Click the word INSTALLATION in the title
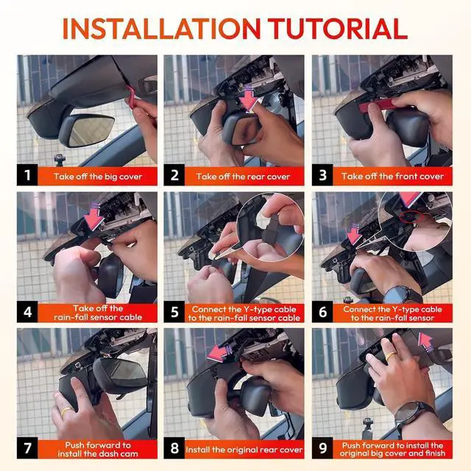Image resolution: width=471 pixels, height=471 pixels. coord(162,29)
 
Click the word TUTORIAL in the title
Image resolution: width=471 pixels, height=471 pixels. coord(337,29)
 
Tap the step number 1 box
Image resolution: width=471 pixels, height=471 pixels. coord(27,175)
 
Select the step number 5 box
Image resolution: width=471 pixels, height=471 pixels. coord(174,312)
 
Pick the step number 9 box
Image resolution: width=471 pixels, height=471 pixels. coord(322,448)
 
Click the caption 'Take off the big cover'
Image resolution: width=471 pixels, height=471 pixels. coord(98,177)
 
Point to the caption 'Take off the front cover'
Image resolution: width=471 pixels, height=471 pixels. coord(392,176)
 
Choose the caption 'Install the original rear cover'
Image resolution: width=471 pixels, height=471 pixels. coord(244,450)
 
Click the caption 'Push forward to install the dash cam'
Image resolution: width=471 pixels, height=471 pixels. coord(98,450)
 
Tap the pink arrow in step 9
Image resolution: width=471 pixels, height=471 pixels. coord(426,341)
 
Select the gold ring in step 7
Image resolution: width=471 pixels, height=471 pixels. coord(67,411)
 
